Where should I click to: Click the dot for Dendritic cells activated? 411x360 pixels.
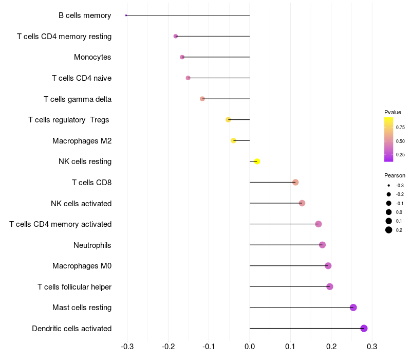(x=364, y=329)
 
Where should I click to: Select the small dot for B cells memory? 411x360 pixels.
(x=126, y=15)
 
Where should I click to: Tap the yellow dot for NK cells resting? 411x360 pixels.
(x=257, y=161)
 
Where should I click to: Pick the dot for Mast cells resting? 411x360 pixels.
(x=353, y=308)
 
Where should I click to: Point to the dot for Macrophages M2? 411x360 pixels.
(x=234, y=140)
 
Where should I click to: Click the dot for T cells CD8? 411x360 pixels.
(x=295, y=183)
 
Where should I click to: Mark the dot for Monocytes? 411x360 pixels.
(x=182, y=57)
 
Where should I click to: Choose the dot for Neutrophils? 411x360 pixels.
(x=322, y=245)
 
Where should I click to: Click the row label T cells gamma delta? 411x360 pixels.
(x=78, y=99)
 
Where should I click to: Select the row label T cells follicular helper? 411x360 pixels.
(x=74, y=286)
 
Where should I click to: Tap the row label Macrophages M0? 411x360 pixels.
(x=82, y=266)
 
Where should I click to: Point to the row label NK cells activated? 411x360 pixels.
(x=81, y=203)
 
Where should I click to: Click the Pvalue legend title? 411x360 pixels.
(x=393, y=112)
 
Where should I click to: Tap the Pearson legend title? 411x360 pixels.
(x=395, y=175)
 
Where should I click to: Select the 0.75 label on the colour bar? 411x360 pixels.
(x=400, y=128)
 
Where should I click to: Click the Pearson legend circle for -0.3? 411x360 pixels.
(x=389, y=185)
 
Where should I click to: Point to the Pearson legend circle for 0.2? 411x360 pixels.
(x=389, y=230)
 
